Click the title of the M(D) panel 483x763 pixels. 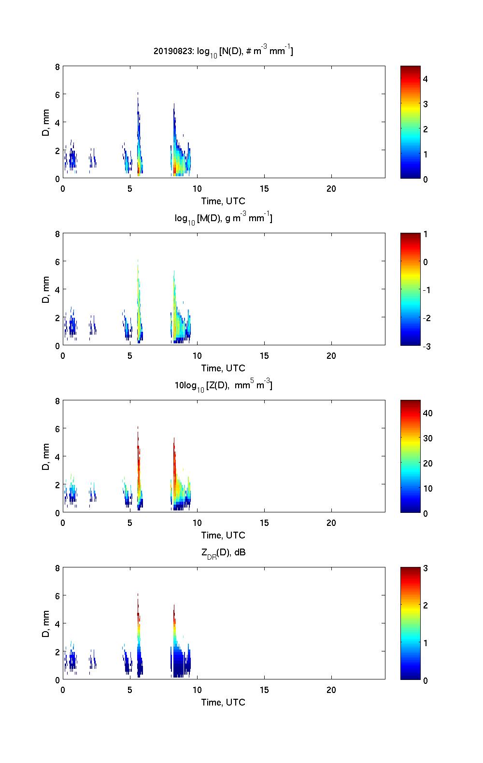(x=223, y=218)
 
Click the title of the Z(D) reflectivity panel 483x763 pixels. (x=223, y=385)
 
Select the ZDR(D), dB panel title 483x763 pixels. (x=223, y=552)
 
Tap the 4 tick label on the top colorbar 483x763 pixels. (x=426, y=79)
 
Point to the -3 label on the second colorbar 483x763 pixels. (x=427, y=346)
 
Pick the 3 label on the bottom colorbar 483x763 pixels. (x=426, y=568)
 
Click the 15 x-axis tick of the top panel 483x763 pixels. (x=264, y=189)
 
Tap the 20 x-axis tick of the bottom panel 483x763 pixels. (x=331, y=690)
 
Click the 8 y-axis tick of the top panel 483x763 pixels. (x=57, y=67)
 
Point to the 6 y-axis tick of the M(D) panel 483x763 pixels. (x=57, y=262)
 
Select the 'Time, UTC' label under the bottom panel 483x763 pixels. (x=223, y=703)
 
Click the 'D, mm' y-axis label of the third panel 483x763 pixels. (x=46, y=456)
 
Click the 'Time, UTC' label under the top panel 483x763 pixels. (x=223, y=201)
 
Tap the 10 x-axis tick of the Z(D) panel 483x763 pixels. (x=197, y=523)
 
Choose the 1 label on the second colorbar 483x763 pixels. (x=426, y=234)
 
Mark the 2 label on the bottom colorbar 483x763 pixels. (x=426, y=606)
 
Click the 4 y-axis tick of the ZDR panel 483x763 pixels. (x=57, y=623)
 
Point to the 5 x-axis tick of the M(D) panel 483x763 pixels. (x=130, y=356)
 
